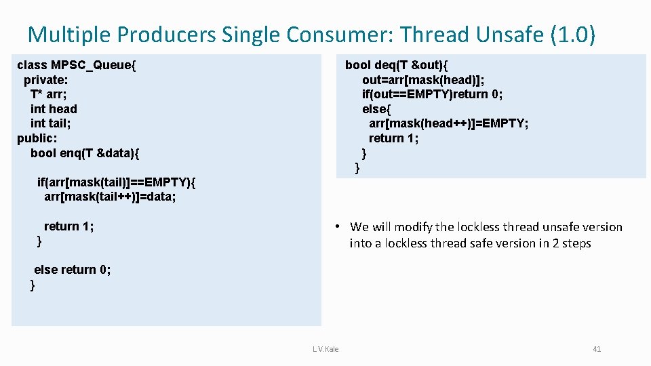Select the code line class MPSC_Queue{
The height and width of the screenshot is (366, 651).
point(77,65)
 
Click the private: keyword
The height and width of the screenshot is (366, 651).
point(45,80)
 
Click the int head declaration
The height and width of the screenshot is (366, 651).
point(54,109)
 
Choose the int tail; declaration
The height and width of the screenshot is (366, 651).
point(51,123)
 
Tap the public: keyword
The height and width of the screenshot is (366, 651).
point(37,138)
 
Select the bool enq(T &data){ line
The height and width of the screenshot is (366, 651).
point(85,153)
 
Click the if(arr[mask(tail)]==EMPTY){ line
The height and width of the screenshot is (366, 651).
point(116,182)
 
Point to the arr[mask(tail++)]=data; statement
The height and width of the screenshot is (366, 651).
point(110,197)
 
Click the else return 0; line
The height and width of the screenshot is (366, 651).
point(73,270)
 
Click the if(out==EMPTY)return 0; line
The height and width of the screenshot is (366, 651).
point(432,94)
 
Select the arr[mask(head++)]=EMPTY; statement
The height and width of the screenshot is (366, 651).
point(448,123)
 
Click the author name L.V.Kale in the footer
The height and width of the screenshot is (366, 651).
point(325,349)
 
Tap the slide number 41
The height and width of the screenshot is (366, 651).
point(597,349)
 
